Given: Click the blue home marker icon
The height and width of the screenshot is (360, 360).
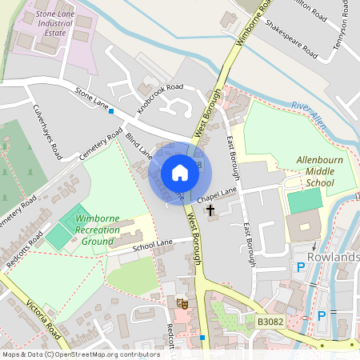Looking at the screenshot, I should pyautogui.click(x=179, y=173).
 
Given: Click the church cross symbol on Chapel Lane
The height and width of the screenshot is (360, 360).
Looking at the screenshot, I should pyautogui.click(x=211, y=211).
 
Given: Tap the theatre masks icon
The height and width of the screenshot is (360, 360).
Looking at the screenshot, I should pyautogui.click(x=183, y=303).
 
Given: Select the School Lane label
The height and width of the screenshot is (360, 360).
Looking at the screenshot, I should pyautogui.click(x=152, y=246).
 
